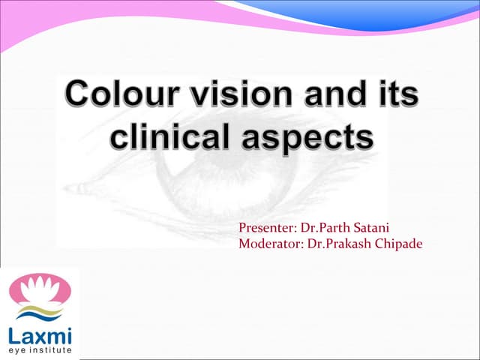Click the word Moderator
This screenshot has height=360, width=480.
pos(267,243)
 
